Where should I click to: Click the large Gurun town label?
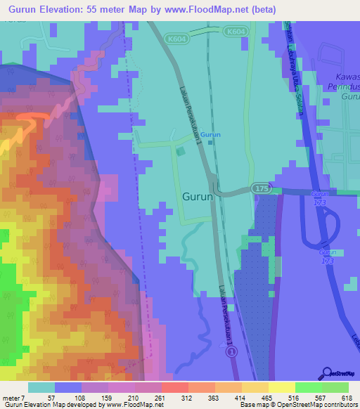[x=198, y=197]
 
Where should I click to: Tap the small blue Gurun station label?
[x=210, y=135]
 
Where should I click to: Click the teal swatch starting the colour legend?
[x=41, y=388]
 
